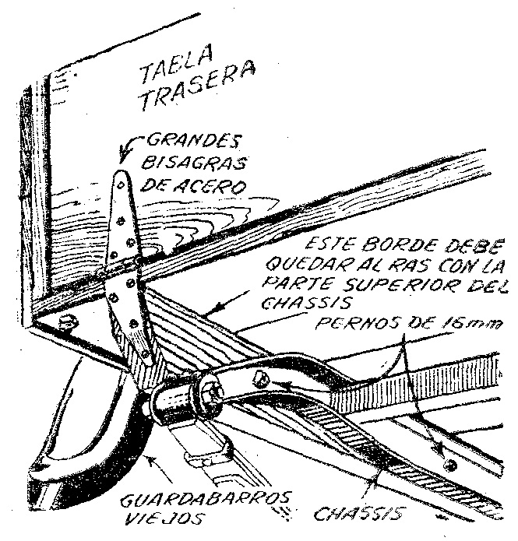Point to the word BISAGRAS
194,162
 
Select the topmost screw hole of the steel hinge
122,185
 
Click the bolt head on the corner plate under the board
67,322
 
